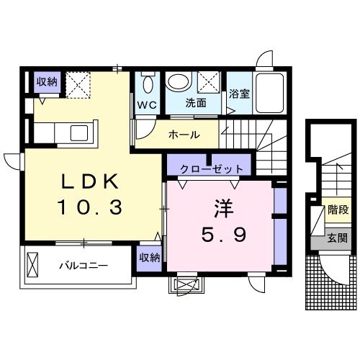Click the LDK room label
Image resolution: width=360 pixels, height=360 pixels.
(89, 181)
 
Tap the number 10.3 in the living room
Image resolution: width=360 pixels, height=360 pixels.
(89, 208)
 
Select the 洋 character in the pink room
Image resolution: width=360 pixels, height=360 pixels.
(221, 207)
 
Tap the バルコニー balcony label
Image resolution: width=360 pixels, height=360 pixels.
(84, 265)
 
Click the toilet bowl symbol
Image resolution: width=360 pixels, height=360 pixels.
(148, 84)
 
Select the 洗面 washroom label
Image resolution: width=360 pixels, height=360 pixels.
(195, 103)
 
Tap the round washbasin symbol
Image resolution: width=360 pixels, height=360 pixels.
(178, 81)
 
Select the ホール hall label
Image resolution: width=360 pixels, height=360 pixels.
(184, 135)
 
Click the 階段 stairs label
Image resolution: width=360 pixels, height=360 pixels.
(338, 211)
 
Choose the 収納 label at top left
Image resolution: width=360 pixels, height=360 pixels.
(47, 82)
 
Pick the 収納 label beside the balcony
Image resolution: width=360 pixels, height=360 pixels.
(149, 257)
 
